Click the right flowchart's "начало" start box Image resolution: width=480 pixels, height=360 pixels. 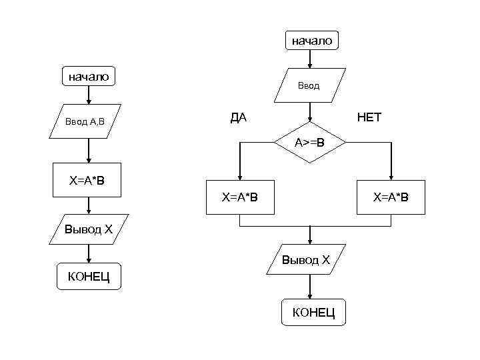click(x=311, y=41)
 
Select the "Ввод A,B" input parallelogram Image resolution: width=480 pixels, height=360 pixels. click(x=85, y=121)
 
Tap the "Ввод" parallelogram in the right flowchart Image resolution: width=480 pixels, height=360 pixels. click(x=308, y=85)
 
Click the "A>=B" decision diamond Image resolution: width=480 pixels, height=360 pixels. click(x=310, y=143)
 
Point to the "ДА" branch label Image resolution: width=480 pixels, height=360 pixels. click(x=238, y=118)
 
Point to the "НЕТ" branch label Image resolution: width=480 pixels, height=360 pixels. click(x=369, y=118)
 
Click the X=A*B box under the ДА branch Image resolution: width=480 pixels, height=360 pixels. click(x=240, y=197)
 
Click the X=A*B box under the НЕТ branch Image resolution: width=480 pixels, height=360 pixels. click(x=391, y=197)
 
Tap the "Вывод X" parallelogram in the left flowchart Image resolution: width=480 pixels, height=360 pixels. click(x=88, y=230)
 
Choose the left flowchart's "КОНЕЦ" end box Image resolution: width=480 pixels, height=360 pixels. click(x=89, y=276)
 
